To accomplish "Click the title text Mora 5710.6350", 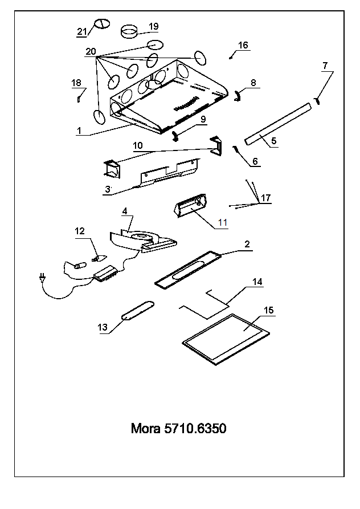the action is click(178, 428).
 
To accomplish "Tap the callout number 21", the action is click(82, 31).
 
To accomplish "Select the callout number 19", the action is click(153, 26).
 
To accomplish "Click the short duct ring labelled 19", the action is click(129, 31).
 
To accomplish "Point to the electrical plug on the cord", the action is click(42, 278).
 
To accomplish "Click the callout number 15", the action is click(269, 310).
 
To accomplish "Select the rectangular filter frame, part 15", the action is click(226, 339).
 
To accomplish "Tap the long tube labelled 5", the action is click(277, 124).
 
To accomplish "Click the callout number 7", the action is click(325, 66).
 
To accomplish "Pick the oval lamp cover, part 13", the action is click(137, 311).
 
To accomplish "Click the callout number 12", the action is click(79, 231).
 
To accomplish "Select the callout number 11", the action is click(223, 223).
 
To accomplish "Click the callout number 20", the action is click(91, 51).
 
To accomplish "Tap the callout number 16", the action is click(243, 45).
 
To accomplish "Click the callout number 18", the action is click(76, 83).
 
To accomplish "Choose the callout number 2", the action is click(247, 244).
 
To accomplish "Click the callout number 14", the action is click(257, 282).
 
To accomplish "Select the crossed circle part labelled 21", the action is click(102, 24).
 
